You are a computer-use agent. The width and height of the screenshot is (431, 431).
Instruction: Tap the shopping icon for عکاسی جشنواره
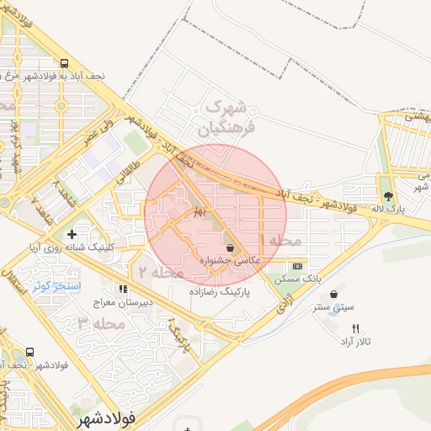click(230, 248)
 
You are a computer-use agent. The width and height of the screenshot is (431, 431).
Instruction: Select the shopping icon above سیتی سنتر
click(335, 294)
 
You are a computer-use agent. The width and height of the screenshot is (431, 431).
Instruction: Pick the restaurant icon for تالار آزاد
click(354, 329)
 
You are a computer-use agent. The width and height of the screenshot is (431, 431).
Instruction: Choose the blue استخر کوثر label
click(56, 286)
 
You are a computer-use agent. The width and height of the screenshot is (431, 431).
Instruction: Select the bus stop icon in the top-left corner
click(66, 63)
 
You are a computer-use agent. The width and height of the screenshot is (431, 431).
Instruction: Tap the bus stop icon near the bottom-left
click(31, 353)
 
